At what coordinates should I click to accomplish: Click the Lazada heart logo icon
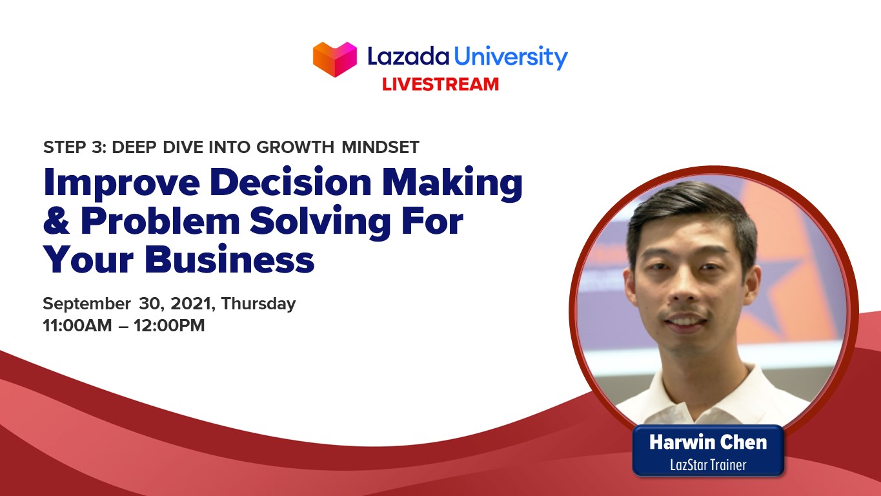335,59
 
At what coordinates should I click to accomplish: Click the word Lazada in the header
408,57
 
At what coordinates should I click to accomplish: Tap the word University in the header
510,57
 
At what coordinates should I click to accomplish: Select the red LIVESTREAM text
440,84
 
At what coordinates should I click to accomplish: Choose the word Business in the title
229,260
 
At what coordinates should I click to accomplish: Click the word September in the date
86,304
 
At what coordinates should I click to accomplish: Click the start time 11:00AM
77,325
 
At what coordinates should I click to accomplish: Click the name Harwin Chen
708,442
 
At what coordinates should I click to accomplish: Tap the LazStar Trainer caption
708,464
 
